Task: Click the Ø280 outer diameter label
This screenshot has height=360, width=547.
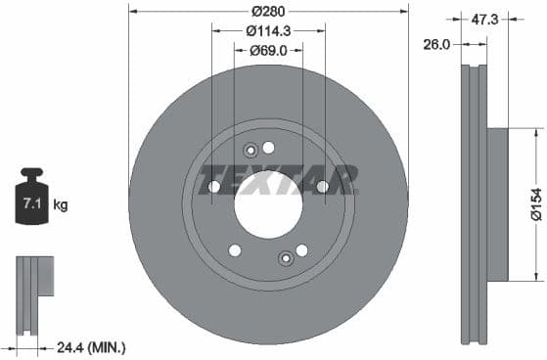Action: [267, 12]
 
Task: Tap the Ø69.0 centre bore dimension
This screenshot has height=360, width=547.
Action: [267, 49]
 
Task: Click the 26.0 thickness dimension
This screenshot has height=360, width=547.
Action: [435, 43]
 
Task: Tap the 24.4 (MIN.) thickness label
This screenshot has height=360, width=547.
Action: [90, 346]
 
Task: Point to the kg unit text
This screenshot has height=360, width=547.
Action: [61, 205]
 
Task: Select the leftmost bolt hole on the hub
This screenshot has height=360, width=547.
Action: [213, 187]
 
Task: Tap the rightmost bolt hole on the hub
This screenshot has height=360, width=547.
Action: [322, 187]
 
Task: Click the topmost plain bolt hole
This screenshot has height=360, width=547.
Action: [269, 147]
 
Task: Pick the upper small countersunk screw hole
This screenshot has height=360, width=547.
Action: [251, 150]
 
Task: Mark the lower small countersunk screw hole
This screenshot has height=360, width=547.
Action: [286, 258]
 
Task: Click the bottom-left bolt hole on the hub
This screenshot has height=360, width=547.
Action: [234, 250]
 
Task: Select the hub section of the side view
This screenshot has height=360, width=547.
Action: [497, 204]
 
